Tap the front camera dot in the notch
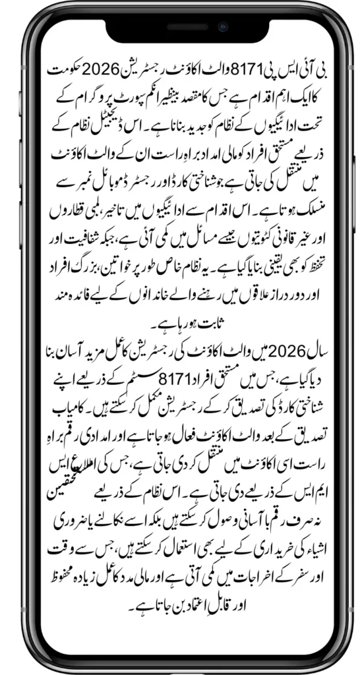[223, 28]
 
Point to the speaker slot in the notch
[180, 28]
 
